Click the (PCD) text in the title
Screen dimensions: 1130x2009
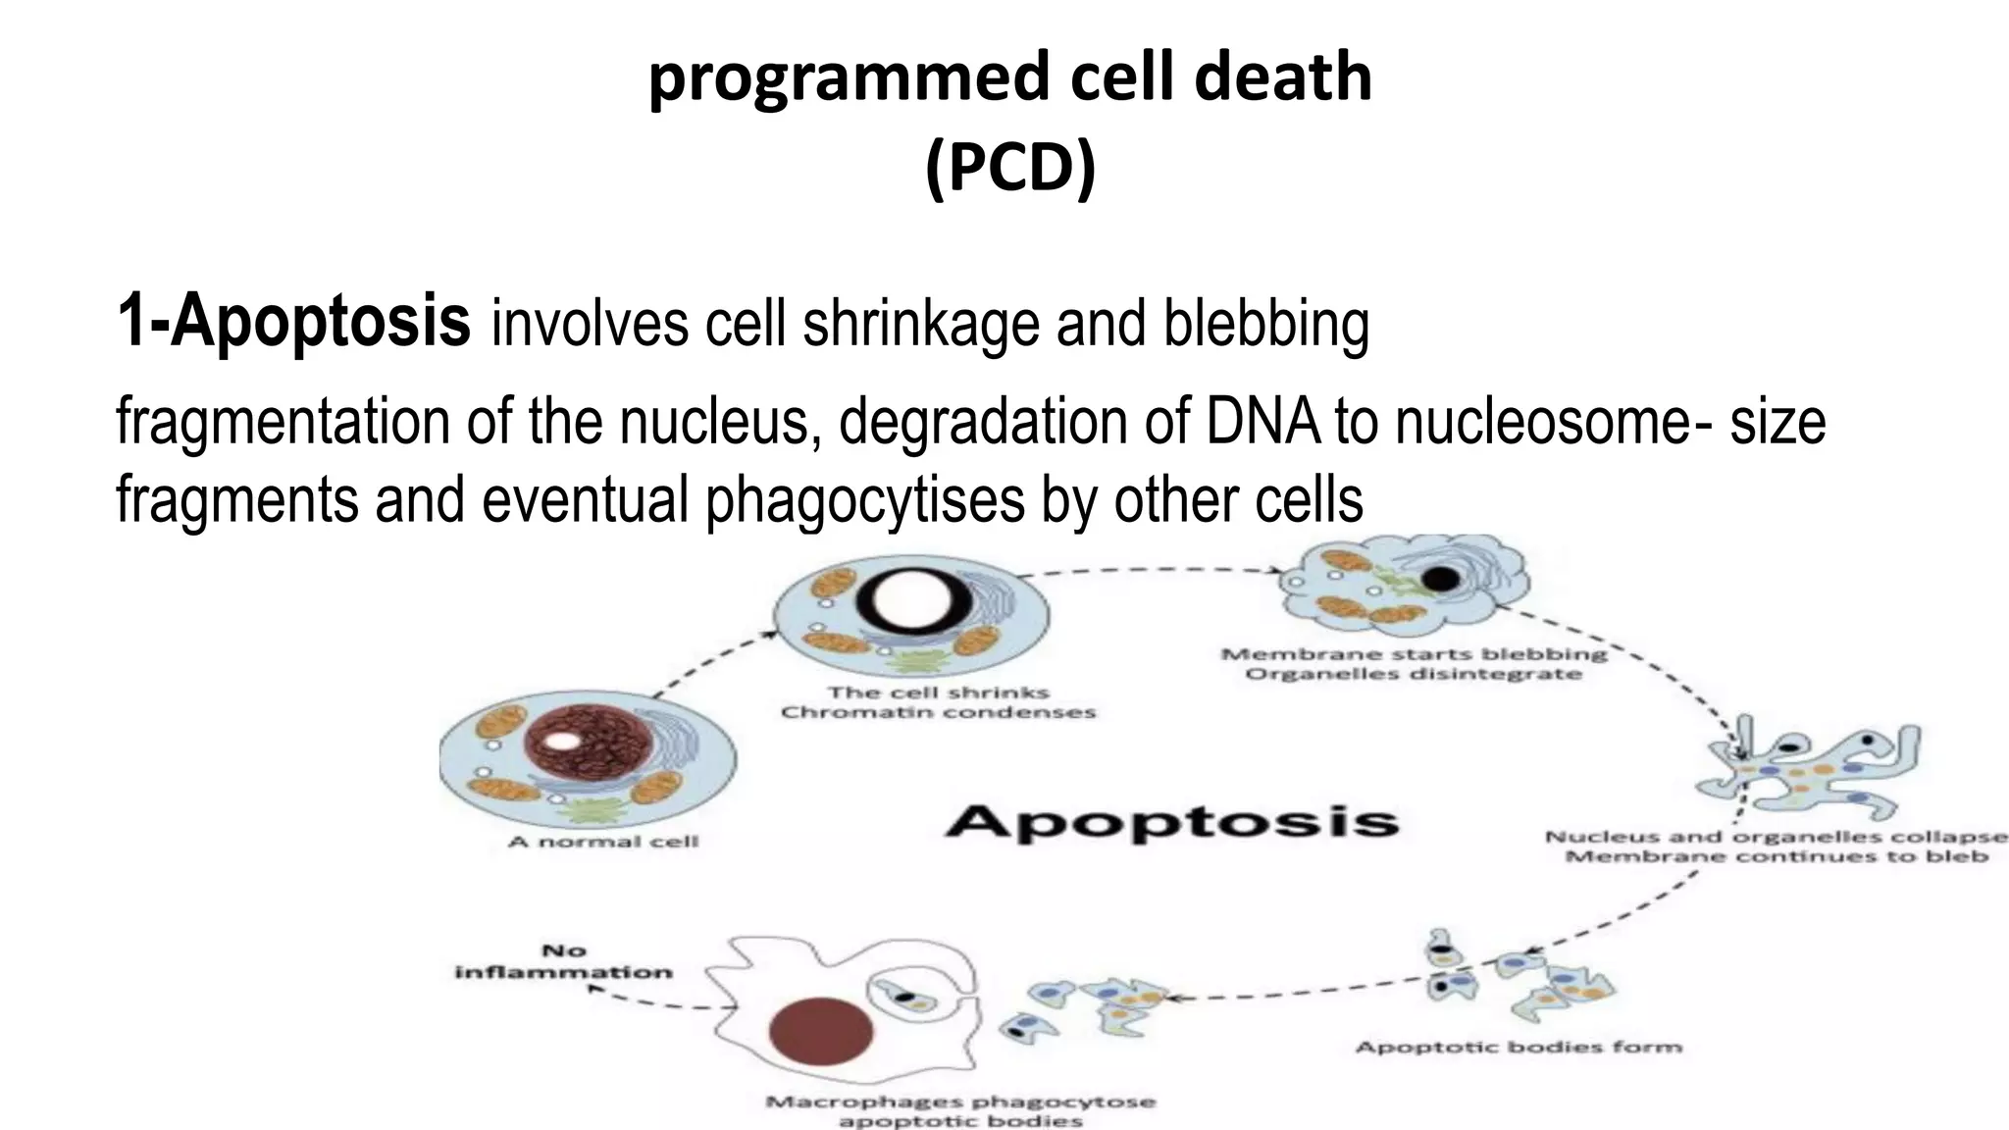point(1009,168)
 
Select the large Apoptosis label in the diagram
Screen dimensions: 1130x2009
point(1171,821)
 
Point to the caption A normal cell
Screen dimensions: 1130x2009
point(603,842)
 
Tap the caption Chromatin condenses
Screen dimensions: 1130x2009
point(938,712)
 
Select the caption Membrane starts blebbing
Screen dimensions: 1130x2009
point(1414,654)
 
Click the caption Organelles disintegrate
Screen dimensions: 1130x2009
point(1414,675)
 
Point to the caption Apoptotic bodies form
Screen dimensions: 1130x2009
point(1519,1048)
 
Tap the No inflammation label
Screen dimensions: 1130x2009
point(564,961)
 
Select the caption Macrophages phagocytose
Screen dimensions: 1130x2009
point(960,1102)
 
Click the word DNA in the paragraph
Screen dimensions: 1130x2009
point(1263,422)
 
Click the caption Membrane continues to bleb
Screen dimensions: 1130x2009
point(1776,857)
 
